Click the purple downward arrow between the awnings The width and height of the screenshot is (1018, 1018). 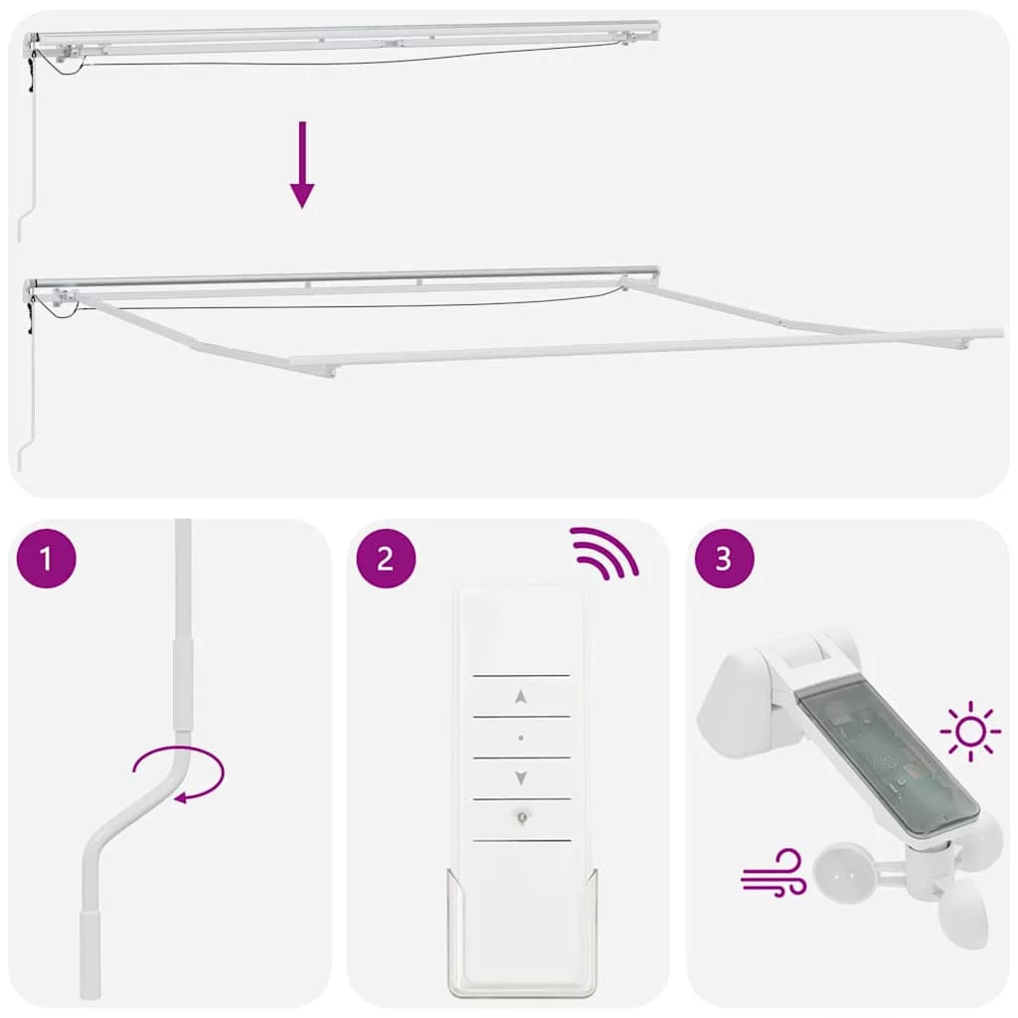click(302, 165)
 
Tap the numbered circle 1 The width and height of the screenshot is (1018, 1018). click(46, 559)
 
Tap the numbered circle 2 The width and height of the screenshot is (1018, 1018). click(386, 559)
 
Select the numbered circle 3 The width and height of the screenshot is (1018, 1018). click(725, 559)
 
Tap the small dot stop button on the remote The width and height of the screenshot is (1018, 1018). click(521, 738)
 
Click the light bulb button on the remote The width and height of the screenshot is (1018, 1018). click(521, 817)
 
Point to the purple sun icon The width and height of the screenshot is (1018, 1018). click(970, 731)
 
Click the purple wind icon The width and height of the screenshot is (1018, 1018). click(773, 873)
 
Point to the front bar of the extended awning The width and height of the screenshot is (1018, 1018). click(646, 347)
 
